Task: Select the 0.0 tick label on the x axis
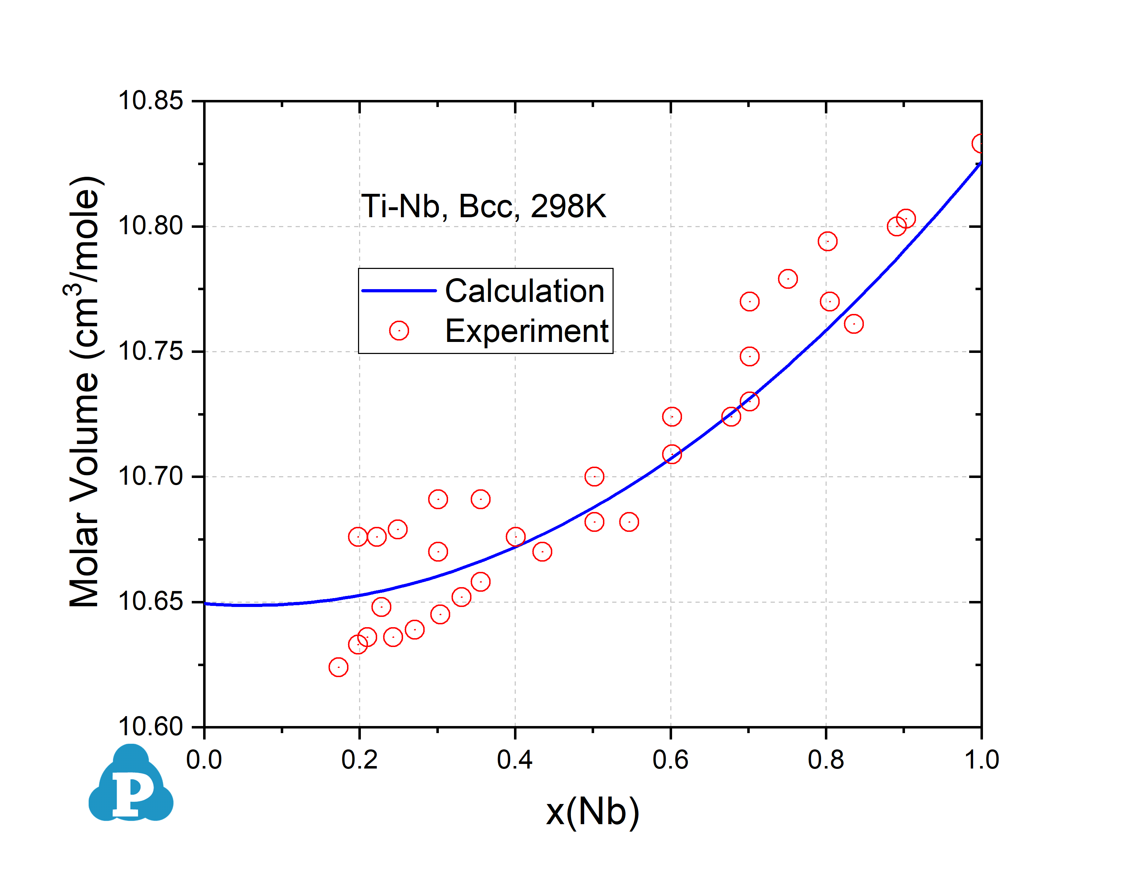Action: (204, 760)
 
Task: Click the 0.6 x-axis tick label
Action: (670, 760)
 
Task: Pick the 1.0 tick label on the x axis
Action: (981, 760)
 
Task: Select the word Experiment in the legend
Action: (526, 331)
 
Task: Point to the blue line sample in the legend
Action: (399, 291)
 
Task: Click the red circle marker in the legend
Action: (399, 331)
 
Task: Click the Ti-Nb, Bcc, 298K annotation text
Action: (483, 207)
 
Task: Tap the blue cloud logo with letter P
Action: (131, 785)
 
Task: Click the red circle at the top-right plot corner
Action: (979, 144)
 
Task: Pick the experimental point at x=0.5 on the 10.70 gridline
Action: (594, 477)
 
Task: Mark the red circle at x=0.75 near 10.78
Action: (788, 279)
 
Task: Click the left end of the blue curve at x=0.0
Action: (206, 604)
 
